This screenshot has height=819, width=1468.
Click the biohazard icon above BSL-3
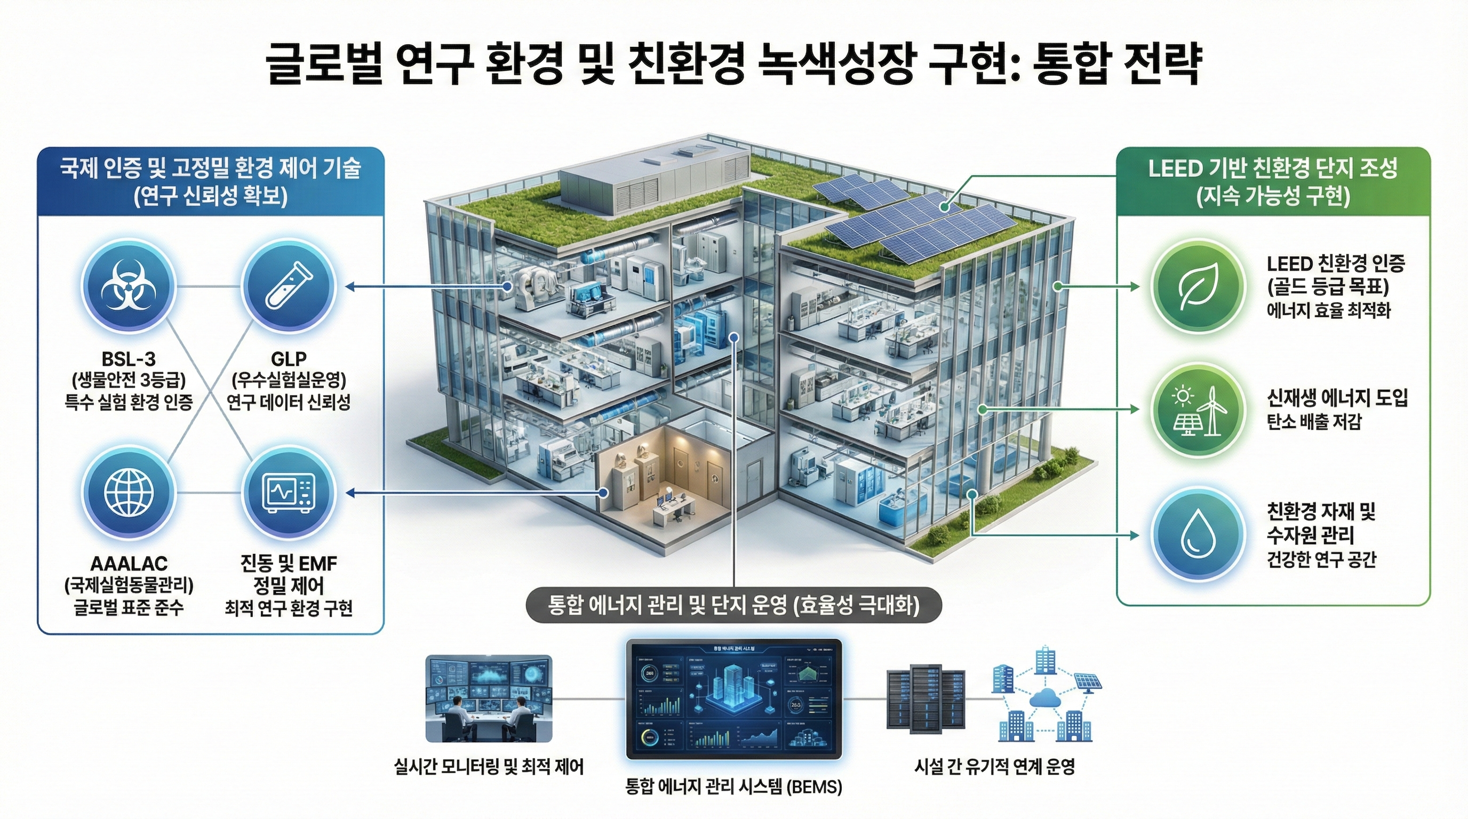click(128, 286)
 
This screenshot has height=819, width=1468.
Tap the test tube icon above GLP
click(289, 286)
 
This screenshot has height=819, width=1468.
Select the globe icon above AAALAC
click(128, 492)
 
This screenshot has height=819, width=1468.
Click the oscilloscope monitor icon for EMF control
click(289, 492)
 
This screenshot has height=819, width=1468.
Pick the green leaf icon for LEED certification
click(1196, 286)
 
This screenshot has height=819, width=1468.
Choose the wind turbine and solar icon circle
click(1196, 410)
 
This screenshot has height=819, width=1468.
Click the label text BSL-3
click(128, 359)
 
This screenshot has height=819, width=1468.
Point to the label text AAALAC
click(129, 564)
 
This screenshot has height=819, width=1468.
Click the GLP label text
click(289, 359)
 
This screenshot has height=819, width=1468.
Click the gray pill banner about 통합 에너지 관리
click(733, 605)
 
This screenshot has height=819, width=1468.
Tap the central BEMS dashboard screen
click(734, 700)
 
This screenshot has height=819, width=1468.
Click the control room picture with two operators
click(489, 698)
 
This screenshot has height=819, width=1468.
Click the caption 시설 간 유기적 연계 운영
click(994, 767)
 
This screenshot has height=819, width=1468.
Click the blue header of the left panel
click(211, 182)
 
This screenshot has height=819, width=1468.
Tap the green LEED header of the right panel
click(1273, 182)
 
